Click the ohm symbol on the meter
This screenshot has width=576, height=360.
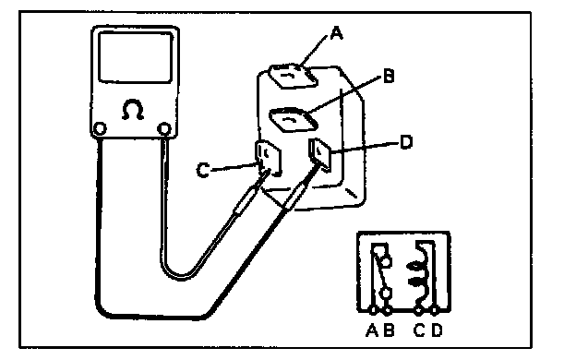click(133, 110)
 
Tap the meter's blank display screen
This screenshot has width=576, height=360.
click(136, 57)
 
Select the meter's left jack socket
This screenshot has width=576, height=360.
click(100, 129)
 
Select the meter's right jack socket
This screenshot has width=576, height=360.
click(163, 129)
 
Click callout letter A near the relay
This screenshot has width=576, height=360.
click(337, 33)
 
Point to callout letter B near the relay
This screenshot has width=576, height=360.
click(389, 76)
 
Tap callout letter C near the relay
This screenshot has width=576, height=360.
click(203, 171)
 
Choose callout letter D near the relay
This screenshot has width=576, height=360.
click(406, 142)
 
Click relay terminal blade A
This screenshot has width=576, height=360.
click(293, 76)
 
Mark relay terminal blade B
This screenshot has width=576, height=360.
click(294, 119)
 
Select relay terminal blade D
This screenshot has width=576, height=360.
click(320, 154)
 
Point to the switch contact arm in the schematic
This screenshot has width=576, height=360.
click(380, 270)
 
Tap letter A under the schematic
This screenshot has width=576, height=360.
click(372, 330)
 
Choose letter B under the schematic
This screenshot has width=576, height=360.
click(389, 330)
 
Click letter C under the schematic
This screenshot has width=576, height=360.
click(419, 330)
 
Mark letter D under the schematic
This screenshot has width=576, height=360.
click(437, 330)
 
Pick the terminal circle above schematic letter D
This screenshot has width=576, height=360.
click(434, 311)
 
